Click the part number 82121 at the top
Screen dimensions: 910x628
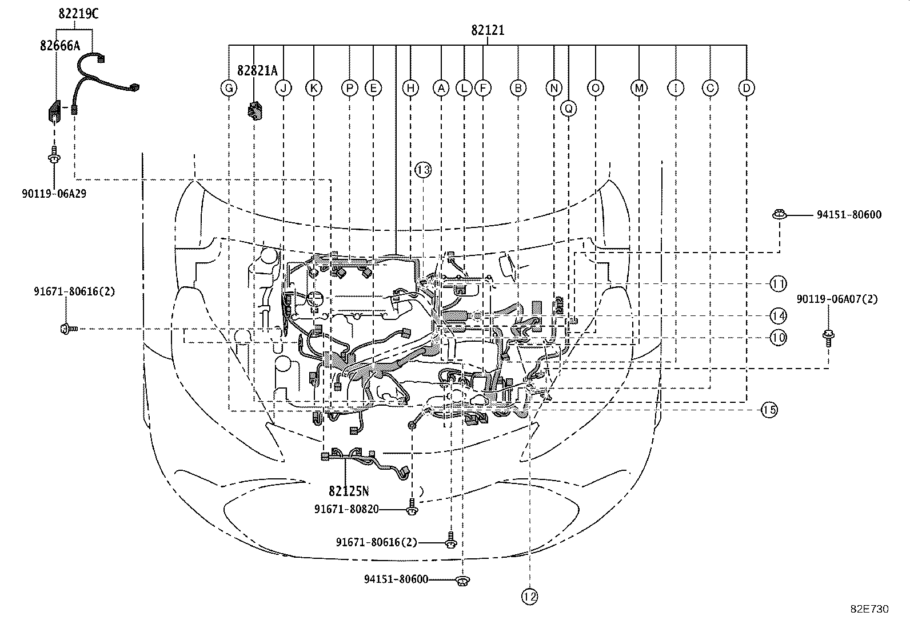(x=488, y=30)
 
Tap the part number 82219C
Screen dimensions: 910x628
(x=78, y=14)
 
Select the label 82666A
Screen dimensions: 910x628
(x=60, y=46)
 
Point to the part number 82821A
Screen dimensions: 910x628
(x=257, y=71)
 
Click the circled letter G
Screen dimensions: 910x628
(x=229, y=88)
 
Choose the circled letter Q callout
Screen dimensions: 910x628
(x=568, y=109)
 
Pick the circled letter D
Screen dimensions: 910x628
(x=747, y=88)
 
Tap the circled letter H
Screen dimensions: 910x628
(x=410, y=88)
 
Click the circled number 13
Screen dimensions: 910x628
(x=423, y=169)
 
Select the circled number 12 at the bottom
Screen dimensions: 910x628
(x=529, y=597)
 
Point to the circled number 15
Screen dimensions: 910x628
(x=769, y=410)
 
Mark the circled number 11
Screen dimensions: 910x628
(x=778, y=283)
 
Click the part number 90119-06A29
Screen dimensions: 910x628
(x=54, y=194)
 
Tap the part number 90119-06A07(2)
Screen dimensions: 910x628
(x=837, y=299)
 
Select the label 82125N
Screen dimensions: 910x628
(x=349, y=491)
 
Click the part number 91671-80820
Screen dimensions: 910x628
(x=346, y=509)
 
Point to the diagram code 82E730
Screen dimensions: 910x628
(x=869, y=609)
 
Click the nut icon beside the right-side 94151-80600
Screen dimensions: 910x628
(x=779, y=214)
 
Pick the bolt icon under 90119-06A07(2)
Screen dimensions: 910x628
(x=828, y=338)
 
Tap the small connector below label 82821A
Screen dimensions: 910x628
(x=255, y=111)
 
